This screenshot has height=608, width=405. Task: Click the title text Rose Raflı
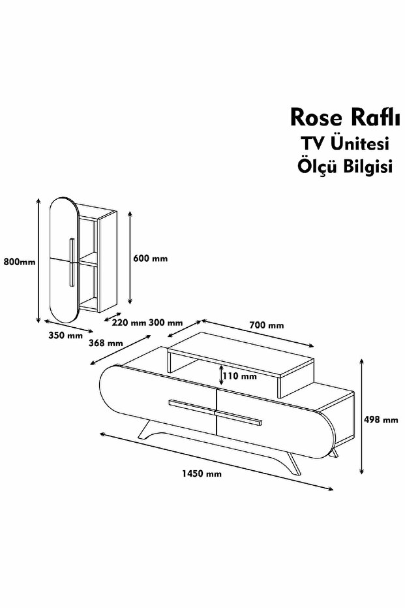340,117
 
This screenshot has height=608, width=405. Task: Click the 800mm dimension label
18,262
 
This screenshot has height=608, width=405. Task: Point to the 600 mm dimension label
150,258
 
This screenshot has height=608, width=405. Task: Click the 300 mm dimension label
166,323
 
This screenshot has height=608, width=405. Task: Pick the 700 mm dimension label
267,325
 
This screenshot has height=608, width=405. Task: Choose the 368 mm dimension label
106,343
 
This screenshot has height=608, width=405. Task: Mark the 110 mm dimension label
239,376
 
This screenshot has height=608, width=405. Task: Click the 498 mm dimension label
382,420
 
